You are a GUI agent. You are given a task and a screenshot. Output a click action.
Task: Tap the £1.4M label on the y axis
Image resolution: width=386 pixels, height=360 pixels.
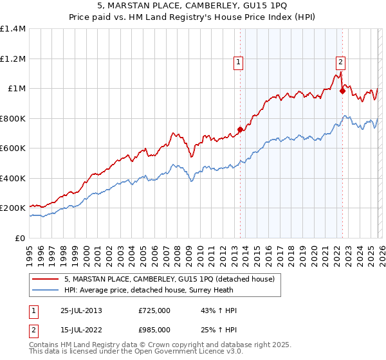(13, 29)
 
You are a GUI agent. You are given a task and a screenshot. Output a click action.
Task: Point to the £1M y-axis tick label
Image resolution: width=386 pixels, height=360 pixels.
(17, 89)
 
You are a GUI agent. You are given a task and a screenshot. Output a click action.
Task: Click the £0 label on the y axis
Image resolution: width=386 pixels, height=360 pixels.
(21, 238)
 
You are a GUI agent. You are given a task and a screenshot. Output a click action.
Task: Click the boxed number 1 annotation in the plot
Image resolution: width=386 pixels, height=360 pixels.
(238, 62)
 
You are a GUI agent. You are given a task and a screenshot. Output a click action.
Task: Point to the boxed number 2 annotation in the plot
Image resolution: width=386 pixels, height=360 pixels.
(340, 62)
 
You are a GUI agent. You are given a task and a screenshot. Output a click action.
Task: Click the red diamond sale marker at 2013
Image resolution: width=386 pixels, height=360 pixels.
(240, 130)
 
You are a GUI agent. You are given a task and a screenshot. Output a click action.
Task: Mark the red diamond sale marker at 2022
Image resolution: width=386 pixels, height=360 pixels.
(342, 91)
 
